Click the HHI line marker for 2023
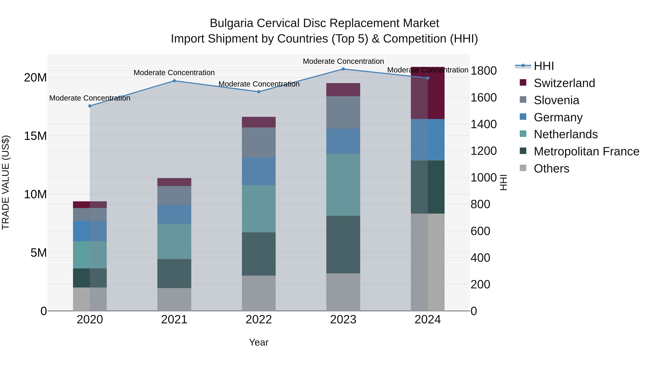343,69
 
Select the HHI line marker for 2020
90,106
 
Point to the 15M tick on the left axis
35,136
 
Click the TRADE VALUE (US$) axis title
6,182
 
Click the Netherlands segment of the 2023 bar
343,184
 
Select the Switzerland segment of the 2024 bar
428,93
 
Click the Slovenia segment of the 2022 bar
259,142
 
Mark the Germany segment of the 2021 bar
174,214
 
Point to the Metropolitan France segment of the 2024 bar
428,187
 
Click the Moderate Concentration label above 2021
174,73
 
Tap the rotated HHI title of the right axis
503,182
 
